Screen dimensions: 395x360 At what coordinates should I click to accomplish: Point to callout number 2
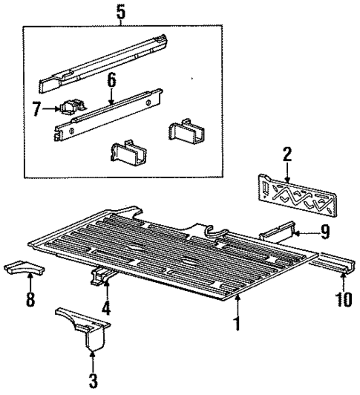tap(287, 154)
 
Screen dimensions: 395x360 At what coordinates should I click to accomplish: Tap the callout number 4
tap(105, 306)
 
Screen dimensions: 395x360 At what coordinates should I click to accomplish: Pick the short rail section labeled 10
tap(338, 261)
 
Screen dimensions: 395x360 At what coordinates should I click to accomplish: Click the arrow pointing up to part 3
tap(93, 361)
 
